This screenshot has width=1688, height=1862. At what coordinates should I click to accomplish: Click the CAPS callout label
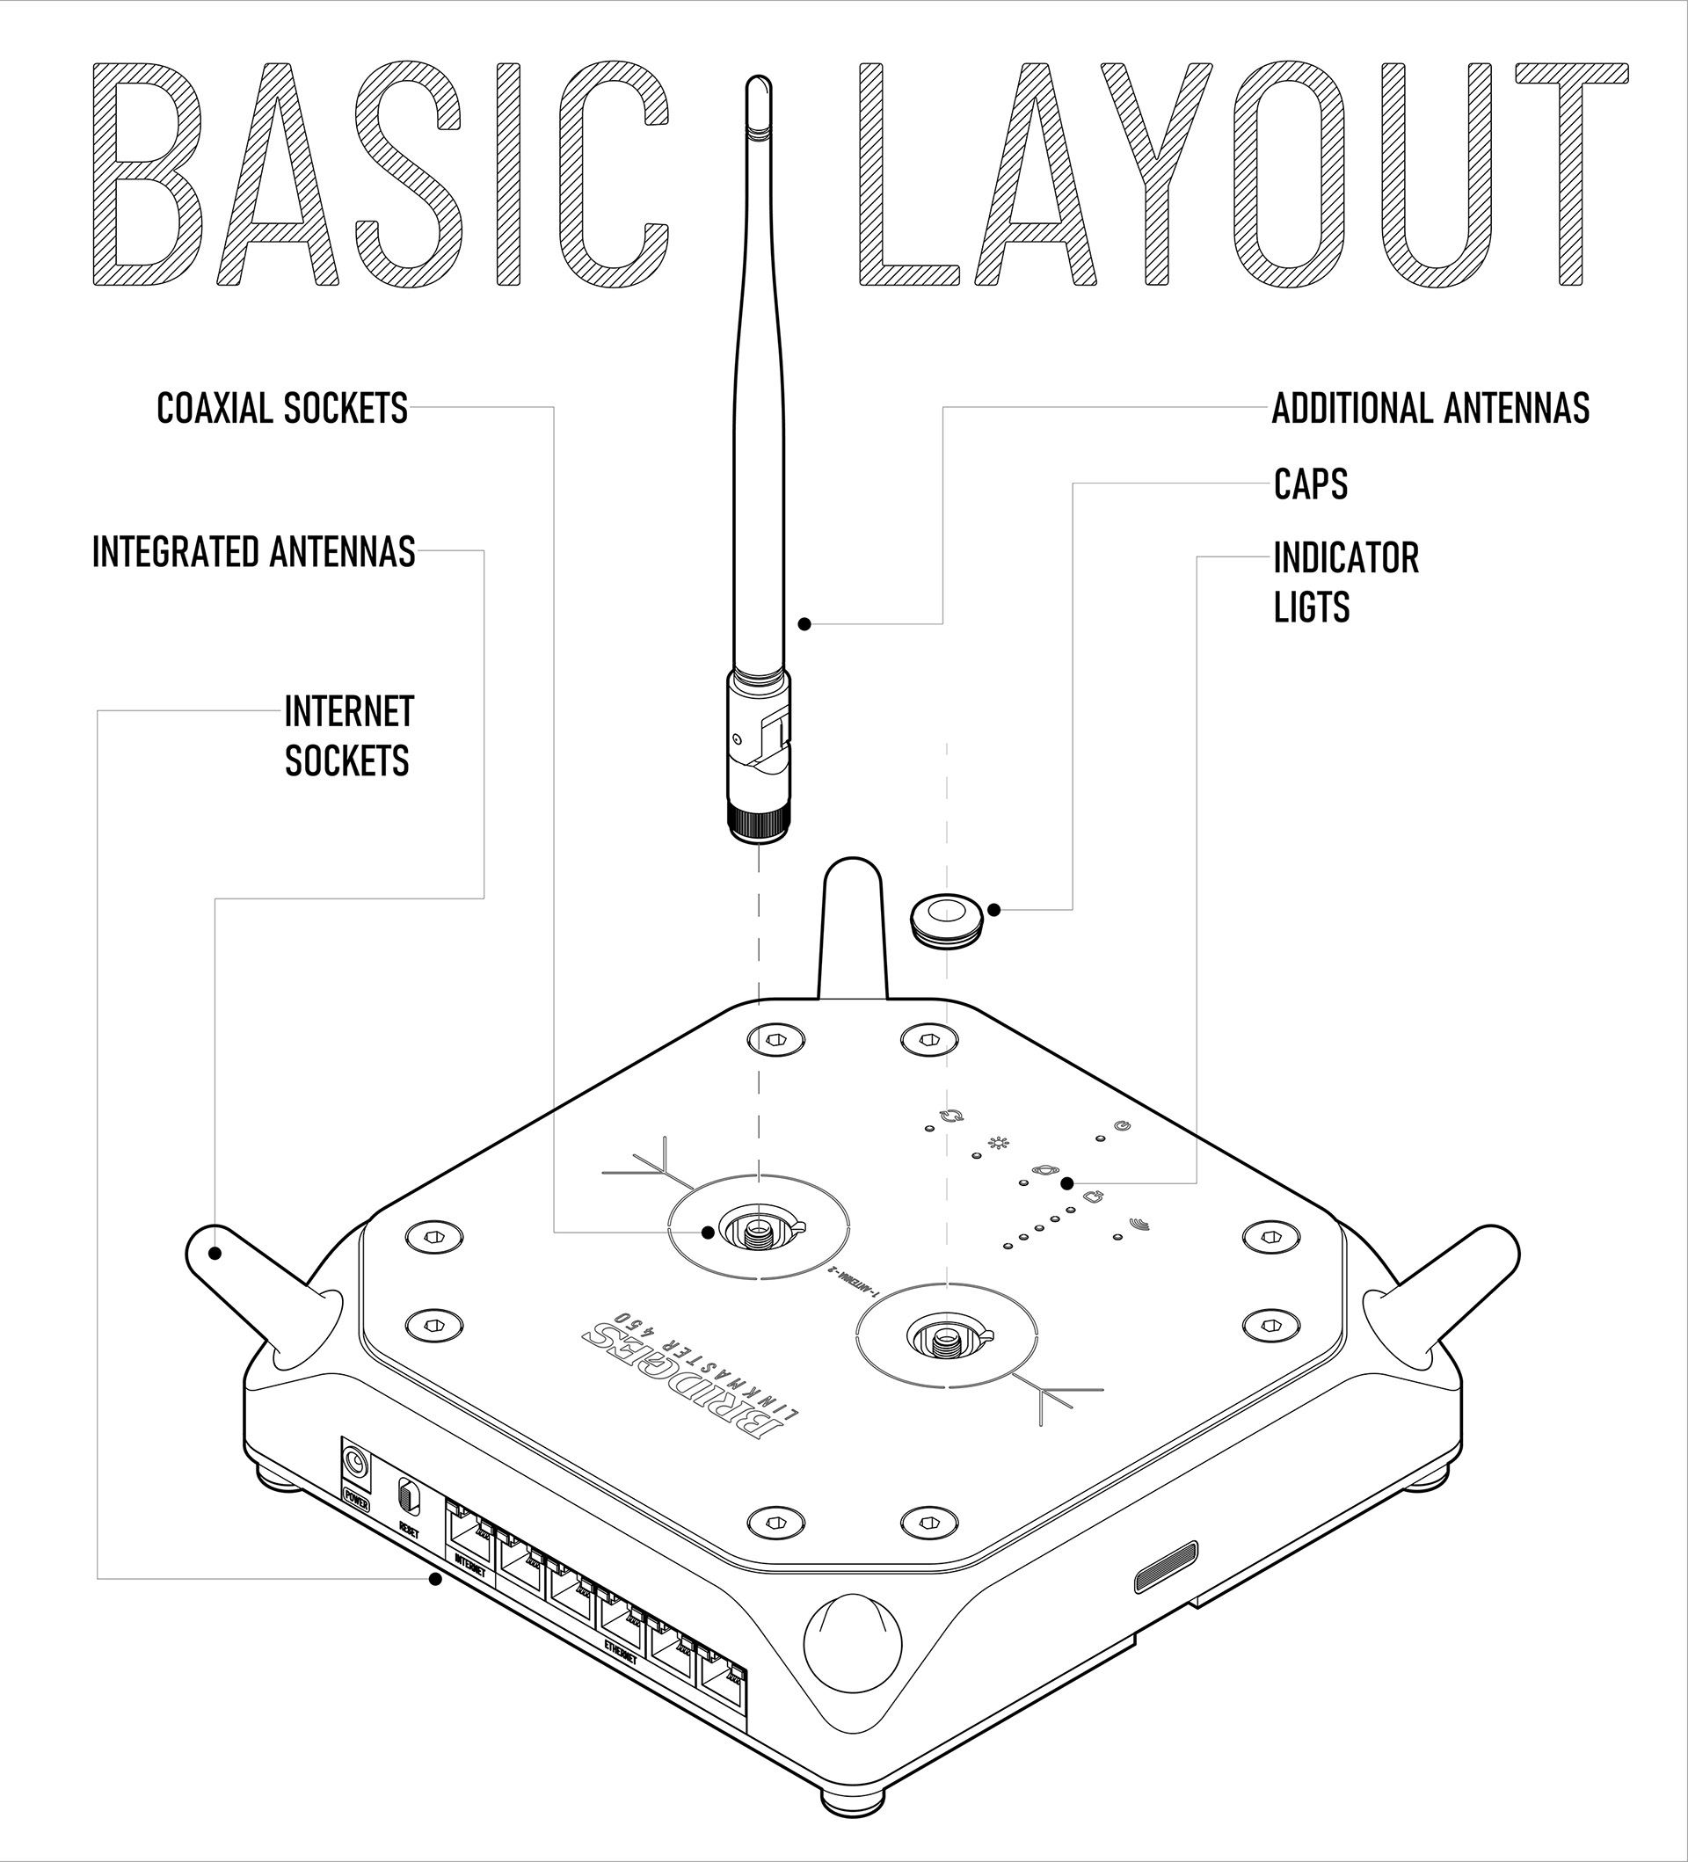point(1309,484)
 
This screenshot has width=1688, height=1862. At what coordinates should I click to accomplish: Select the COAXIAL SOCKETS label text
point(281,408)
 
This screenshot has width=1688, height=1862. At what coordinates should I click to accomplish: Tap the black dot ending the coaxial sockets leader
point(708,1232)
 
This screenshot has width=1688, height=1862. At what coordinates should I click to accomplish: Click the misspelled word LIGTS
point(1310,607)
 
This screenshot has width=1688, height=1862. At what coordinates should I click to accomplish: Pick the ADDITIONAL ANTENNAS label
point(1430,408)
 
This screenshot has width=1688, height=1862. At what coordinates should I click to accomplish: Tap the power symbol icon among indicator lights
point(1123,1127)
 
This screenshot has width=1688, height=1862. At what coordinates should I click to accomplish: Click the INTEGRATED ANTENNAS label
point(254,552)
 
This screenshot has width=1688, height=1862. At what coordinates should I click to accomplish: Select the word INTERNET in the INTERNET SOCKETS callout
point(349,712)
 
